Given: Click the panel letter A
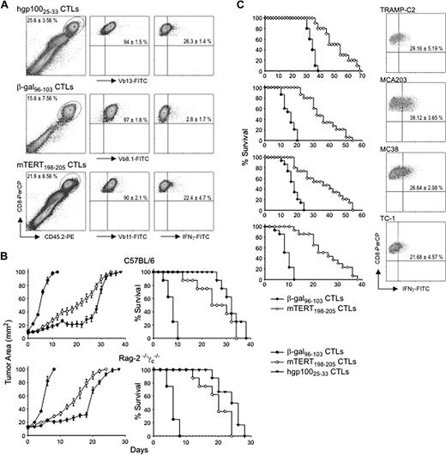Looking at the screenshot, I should point(6,7).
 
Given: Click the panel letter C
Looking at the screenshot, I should point(224,7).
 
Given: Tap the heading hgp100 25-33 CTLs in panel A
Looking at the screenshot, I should point(49,9).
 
